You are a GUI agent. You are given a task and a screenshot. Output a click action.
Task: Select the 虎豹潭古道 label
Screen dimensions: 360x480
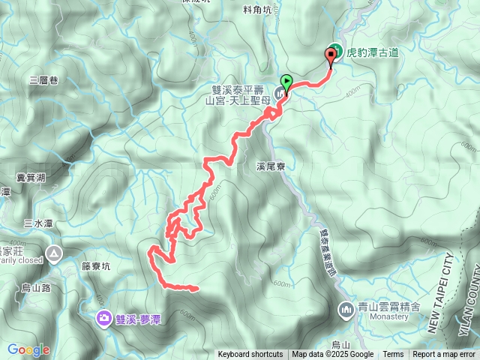coord(372,52)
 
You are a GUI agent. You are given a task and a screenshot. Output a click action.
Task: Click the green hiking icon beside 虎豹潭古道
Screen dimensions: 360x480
coord(337,52)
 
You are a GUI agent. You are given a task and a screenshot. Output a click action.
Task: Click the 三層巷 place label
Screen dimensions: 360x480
coord(43,79)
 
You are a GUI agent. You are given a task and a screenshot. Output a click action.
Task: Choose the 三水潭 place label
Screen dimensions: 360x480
coord(37,223)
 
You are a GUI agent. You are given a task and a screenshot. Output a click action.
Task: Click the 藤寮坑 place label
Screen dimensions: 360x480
coord(96,266)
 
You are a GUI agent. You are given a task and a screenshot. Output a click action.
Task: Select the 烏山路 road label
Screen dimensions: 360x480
coord(36,287)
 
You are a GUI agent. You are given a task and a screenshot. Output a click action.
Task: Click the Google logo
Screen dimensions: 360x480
coord(28,349)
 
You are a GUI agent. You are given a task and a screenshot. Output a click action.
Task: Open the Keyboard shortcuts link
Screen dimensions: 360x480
coord(250,355)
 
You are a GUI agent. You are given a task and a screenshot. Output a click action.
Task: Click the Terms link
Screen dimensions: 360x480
coord(393,355)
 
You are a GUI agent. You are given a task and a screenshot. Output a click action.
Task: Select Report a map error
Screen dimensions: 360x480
coord(444,355)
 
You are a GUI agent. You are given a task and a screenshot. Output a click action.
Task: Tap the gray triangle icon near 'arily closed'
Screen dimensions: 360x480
coord(54,254)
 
